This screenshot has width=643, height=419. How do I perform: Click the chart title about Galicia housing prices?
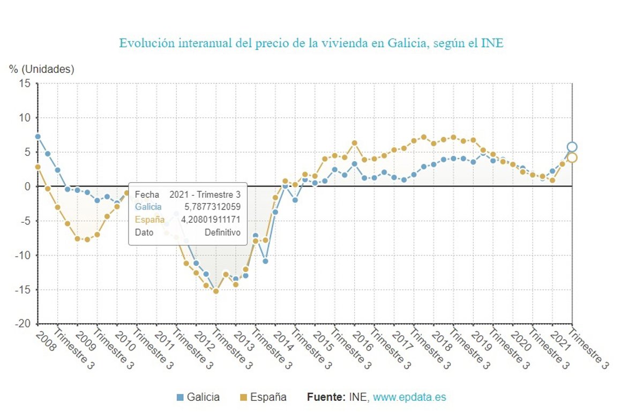click(311, 43)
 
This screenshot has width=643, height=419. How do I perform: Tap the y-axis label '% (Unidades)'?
click(42, 69)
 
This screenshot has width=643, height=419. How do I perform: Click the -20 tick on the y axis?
click(23, 324)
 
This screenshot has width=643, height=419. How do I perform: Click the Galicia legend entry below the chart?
click(198, 397)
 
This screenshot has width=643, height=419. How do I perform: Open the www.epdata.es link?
click(409, 397)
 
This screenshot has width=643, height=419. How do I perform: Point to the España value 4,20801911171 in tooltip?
click(211, 219)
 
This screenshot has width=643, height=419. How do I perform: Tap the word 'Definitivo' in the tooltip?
click(222, 233)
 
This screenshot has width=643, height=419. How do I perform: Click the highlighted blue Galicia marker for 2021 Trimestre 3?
click(572, 147)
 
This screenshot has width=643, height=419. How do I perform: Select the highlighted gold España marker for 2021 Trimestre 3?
click(572, 158)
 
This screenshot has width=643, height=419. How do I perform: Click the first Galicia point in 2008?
click(38, 137)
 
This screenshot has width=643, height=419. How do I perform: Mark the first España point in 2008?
click(38, 167)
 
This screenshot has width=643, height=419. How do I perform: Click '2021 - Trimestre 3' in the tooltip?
click(205, 194)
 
